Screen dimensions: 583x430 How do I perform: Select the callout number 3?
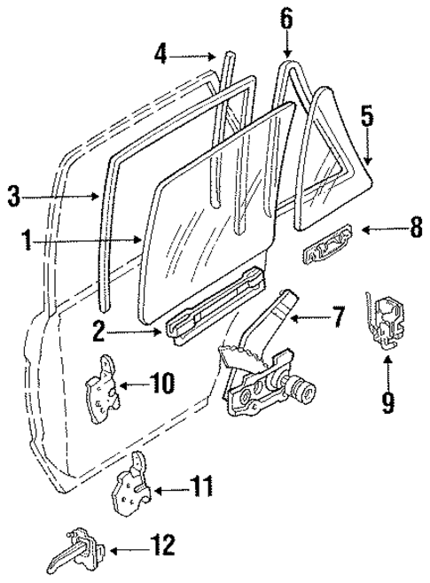(13, 197)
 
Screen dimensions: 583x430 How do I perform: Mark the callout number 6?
(286, 17)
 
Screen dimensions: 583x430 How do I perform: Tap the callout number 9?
(387, 402)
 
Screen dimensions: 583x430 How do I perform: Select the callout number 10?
(162, 385)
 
